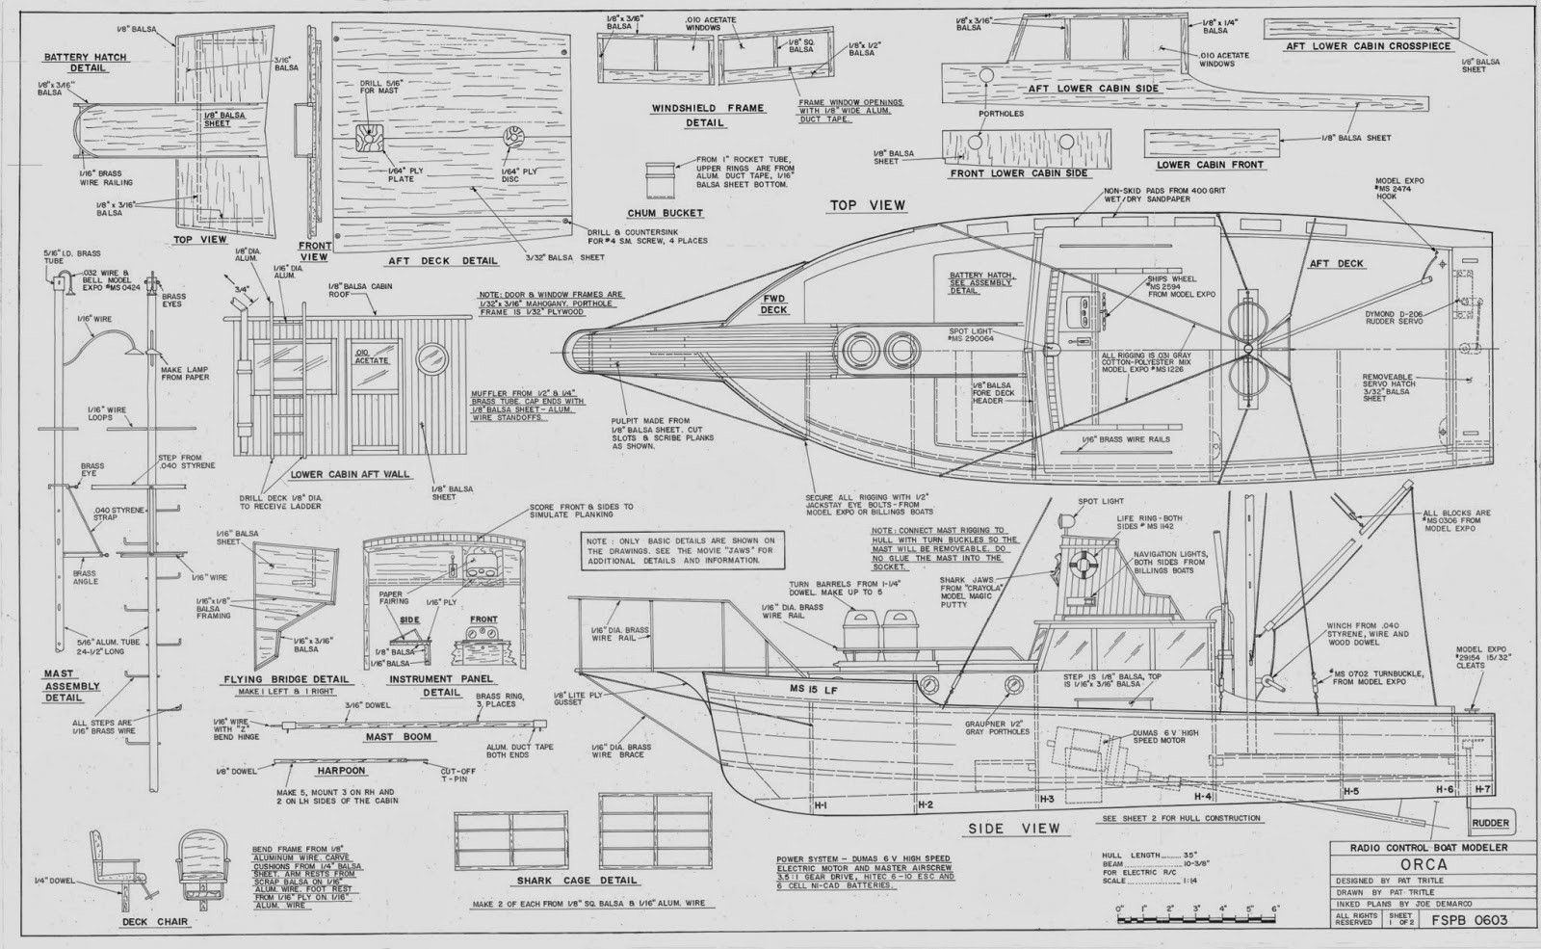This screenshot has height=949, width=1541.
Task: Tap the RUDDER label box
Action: click(1489, 824)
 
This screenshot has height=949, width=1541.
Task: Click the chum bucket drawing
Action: click(662, 177)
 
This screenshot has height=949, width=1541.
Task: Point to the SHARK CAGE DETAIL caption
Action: click(576, 880)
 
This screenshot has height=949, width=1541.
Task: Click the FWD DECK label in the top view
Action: click(774, 304)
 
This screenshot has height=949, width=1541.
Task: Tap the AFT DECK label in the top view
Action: click(1337, 263)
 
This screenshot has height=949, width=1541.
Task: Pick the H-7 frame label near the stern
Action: click(1482, 788)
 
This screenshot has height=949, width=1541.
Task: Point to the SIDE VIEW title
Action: click(1015, 828)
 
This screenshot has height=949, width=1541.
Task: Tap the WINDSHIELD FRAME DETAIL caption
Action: click(706, 116)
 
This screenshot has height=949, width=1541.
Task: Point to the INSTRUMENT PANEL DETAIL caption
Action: click(441, 685)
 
